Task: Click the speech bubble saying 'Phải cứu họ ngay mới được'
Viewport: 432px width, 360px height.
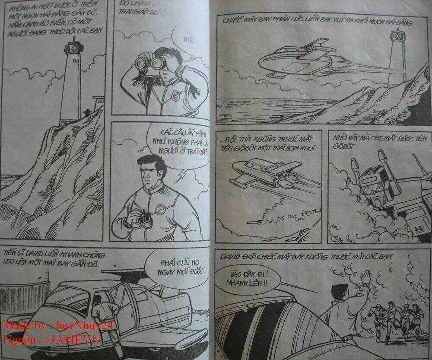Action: click(x=175, y=268)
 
